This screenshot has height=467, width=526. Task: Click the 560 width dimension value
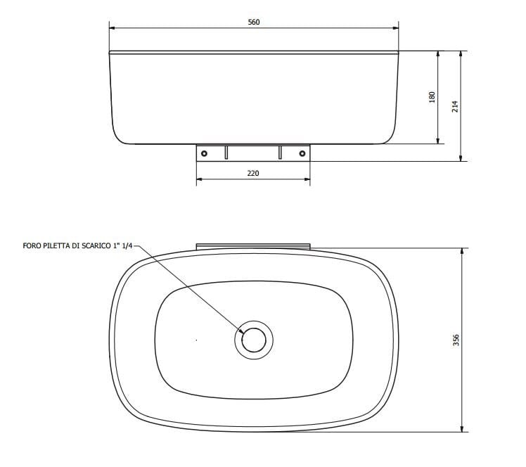(x=254, y=22)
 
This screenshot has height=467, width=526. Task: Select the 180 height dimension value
(x=432, y=97)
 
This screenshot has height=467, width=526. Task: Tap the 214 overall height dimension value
(x=455, y=106)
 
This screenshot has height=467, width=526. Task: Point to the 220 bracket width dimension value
(x=253, y=173)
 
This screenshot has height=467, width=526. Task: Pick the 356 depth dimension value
(x=456, y=340)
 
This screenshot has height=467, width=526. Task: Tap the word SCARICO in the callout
(x=99, y=247)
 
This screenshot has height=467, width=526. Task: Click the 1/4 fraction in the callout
(x=127, y=247)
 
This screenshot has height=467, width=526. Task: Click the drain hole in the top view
(x=253, y=340)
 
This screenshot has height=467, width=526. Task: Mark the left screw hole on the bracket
(x=204, y=153)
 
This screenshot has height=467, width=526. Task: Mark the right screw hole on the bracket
(x=302, y=153)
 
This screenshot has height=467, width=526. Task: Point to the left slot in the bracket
(x=226, y=152)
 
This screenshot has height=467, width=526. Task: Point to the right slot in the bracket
(x=280, y=152)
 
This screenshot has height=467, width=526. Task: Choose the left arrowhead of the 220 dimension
(x=199, y=179)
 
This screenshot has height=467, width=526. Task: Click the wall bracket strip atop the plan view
(x=253, y=245)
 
